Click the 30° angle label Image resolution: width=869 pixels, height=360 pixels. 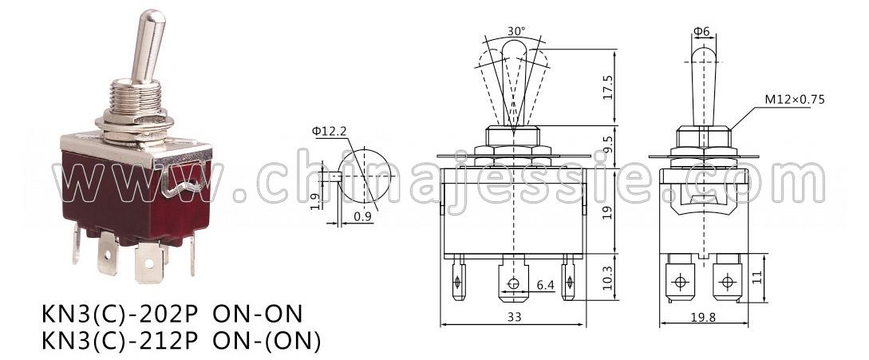click(x=515, y=32)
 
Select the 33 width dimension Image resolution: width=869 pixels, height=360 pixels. click(x=514, y=317)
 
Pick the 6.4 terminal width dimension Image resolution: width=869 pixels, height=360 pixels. click(x=545, y=285)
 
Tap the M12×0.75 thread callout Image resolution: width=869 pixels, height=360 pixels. click(x=795, y=99)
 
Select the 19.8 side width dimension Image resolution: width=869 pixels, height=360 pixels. click(x=704, y=317)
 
